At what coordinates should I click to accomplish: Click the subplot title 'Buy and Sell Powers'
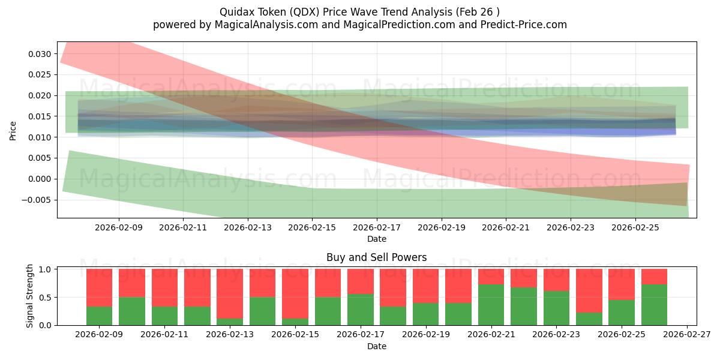(376, 257)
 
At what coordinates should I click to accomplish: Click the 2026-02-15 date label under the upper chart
(312, 227)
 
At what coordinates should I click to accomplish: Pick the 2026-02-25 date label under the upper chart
(635, 227)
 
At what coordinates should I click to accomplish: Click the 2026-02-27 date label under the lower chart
(686, 335)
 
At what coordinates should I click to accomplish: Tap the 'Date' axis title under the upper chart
(376, 239)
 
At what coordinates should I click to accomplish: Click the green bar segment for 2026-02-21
(491, 305)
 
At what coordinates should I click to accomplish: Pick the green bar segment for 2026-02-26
(654, 305)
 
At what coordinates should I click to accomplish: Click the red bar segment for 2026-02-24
(589, 290)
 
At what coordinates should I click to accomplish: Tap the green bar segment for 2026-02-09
(99, 316)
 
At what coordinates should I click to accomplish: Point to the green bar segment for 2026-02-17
(360, 310)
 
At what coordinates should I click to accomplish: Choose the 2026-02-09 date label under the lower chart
(99, 335)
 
